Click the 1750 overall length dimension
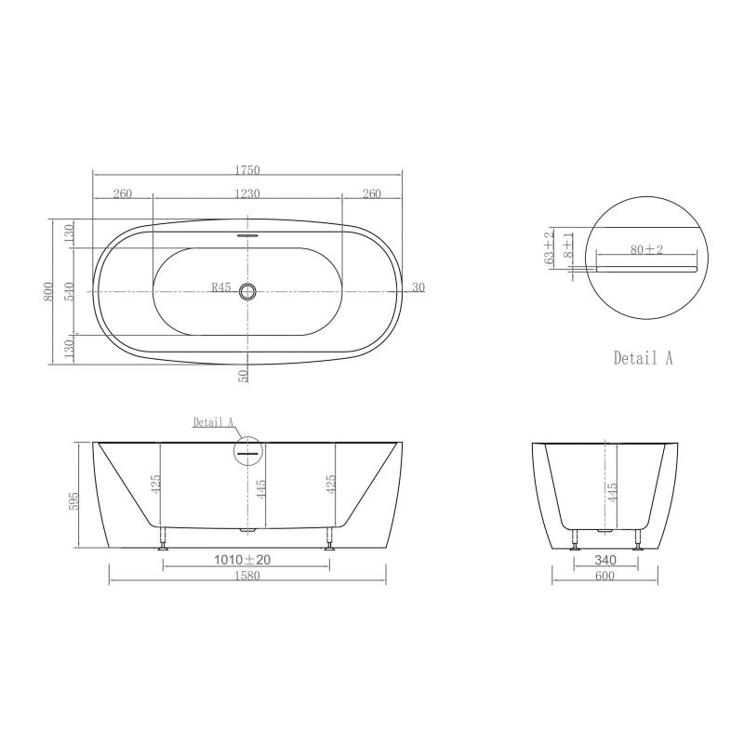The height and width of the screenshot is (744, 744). pyautogui.click(x=247, y=170)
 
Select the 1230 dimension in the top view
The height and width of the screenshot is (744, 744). pyautogui.click(x=247, y=193)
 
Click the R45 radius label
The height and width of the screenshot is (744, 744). pyautogui.click(x=221, y=287)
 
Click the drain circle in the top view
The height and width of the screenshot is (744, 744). pyautogui.click(x=247, y=291)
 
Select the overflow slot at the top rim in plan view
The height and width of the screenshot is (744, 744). pyautogui.click(x=247, y=234)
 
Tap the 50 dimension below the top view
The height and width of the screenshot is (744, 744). pyautogui.click(x=243, y=376)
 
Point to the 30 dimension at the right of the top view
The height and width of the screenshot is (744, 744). pyautogui.click(x=418, y=287)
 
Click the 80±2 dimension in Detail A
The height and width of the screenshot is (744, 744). pyautogui.click(x=646, y=249)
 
